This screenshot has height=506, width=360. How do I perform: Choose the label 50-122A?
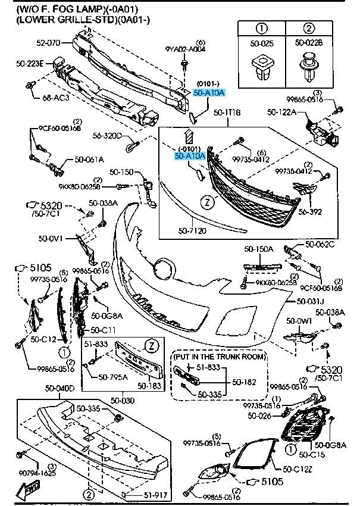click(284, 111)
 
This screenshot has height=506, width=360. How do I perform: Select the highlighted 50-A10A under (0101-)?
click(208, 92)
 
